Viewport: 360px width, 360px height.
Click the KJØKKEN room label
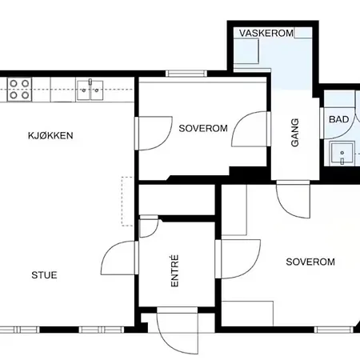click(50, 135)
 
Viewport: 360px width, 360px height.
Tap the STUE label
click(44, 275)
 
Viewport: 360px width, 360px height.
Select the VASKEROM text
click(266, 33)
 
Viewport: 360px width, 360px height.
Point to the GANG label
click(294, 133)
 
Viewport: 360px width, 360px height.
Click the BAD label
click(339, 119)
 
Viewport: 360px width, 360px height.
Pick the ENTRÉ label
click(174, 270)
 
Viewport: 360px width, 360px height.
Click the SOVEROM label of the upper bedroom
click(203, 129)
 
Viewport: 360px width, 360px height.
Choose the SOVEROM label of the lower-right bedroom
click(310, 262)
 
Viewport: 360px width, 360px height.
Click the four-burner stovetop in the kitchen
click(19, 90)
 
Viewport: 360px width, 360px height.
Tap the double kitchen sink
click(90, 90)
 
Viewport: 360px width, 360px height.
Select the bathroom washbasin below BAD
click(342, 154)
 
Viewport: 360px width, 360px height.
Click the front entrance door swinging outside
click(178, 330)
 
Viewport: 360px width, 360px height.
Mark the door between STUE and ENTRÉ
click(119, 258)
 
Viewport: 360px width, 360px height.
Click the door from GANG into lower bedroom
click(293, 199)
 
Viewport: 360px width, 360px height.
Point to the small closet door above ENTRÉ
click(149, 226)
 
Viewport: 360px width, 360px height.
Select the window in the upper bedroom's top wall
click(186, 74)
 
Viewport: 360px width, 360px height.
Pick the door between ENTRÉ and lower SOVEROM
click(238, 259)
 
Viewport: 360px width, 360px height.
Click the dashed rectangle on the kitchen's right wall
click(127, 202)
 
